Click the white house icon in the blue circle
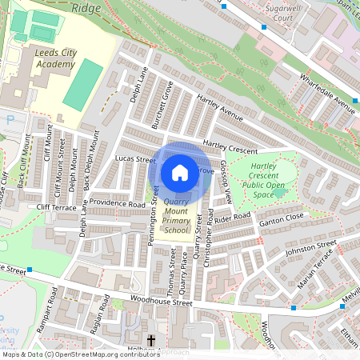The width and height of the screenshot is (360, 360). pos(180,173)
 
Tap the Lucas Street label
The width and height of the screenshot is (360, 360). pos(134,160)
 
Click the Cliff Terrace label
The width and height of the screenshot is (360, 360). pos(55,207)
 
